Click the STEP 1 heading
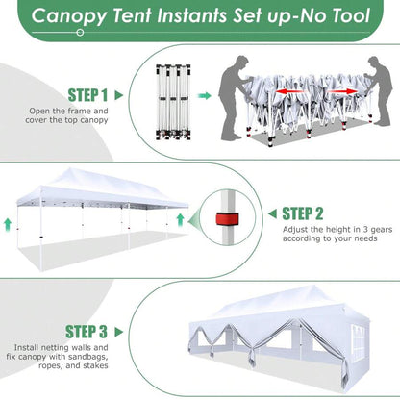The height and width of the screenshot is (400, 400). click(87, 95)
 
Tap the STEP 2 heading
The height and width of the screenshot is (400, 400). click(303, 213)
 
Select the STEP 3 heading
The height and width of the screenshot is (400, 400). click(87, 332)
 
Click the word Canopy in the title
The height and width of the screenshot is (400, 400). click(69, 16)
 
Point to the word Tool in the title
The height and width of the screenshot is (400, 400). click(351, 15)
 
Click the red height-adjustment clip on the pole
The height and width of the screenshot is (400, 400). click(227, 218)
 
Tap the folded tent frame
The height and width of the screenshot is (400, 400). click(173, 102)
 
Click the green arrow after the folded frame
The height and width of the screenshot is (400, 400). click(204, 95)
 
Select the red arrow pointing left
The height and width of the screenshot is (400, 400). click(289, 92)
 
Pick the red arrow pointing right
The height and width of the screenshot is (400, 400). click(342, 91)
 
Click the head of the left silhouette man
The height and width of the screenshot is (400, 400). click(241, 62)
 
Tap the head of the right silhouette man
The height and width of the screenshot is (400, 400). click(373, 63)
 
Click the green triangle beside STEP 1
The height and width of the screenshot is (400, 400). click(119, 95)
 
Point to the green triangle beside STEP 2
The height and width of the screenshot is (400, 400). click(273, 213)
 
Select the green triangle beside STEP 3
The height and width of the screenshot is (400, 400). click(119, 332)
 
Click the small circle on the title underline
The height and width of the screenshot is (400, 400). click(81, 33)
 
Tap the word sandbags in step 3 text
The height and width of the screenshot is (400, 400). click(76, 357)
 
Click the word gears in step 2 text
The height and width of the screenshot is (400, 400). click(382, 230)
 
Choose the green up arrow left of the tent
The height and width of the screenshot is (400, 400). click(8, 225)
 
